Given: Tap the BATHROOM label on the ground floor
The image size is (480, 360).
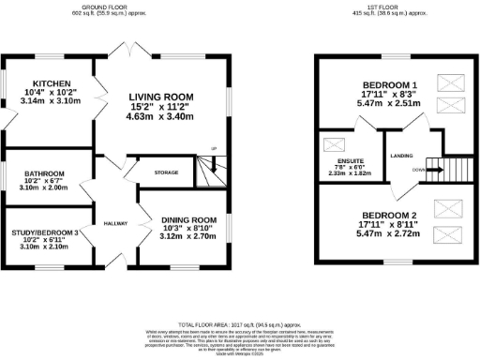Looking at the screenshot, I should click(x=44, y=173).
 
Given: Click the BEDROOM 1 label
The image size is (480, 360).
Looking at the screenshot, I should click(x=388, y=85).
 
